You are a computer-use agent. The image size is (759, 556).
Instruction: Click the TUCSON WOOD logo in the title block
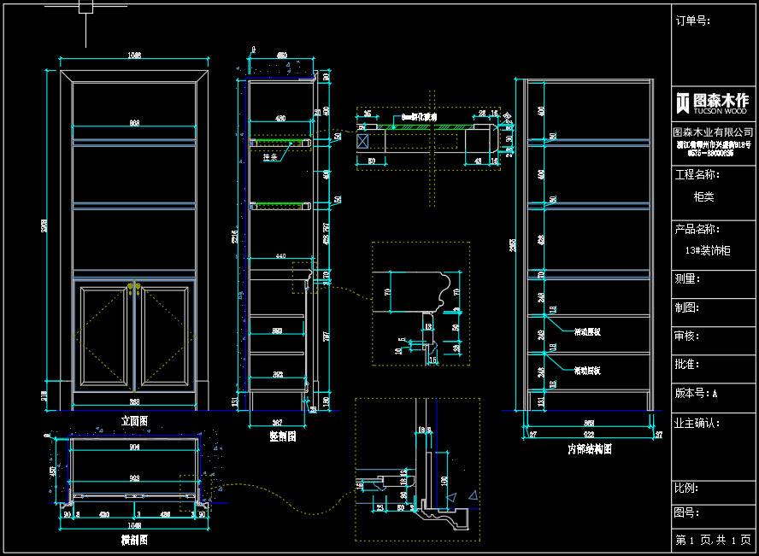[x=712, y=102]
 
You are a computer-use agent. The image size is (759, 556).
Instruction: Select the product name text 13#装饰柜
[x=708, y=251]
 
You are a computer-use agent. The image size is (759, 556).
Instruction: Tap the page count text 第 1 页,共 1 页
[x=713, y=541]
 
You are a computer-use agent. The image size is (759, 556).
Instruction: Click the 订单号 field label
[x=692, y=21]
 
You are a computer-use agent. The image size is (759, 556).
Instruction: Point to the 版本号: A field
[x=697, y=394]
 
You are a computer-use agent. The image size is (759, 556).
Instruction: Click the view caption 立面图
[x=135, y=421]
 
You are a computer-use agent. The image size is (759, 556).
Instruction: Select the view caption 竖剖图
[x=282, y=436]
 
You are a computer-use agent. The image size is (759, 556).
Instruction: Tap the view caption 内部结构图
[x=590, y=448]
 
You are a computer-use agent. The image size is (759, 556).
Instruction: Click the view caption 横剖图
[x=135, y=540]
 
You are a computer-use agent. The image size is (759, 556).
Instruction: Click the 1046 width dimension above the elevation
[x=134, y=56]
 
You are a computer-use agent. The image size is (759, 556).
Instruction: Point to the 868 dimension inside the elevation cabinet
[x=134, y=124]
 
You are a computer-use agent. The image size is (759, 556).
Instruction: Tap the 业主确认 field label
[x=697, y=423]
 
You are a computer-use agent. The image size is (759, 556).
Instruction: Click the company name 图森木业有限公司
[x=713, y=132]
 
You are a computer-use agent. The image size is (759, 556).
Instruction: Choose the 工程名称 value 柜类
[x=703, y=196]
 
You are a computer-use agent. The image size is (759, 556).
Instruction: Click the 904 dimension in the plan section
[x=134, y=448]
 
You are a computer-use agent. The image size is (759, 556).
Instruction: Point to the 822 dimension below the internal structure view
[x=589, y=435]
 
